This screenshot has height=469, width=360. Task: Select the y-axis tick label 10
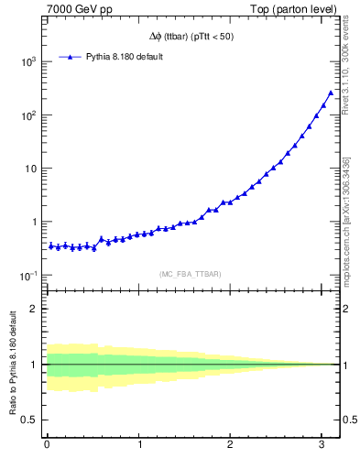[x=29, y=169]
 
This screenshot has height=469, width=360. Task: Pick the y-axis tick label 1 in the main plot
[x=33, y=223]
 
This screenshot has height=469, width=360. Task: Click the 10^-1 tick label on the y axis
[x=27, y=276]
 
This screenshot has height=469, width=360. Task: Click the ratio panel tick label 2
[x=34, y=309]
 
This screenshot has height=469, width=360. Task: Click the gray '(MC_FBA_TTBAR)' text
[x=190, y=274]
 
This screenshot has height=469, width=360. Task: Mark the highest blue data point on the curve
[x=331, y=93]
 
